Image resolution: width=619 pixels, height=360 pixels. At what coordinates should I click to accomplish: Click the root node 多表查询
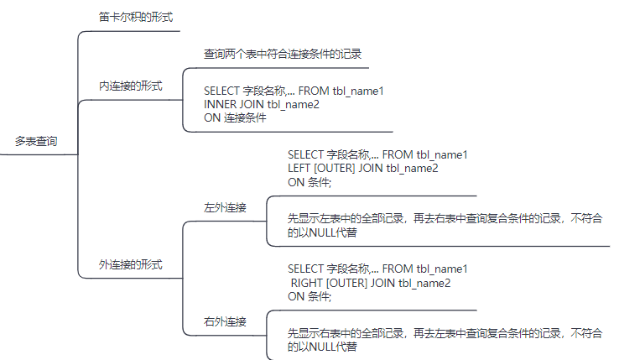(36, 142)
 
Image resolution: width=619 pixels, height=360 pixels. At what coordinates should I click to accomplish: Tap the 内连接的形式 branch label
(130, 86)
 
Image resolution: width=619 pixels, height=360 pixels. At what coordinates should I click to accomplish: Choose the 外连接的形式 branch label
(130, 264)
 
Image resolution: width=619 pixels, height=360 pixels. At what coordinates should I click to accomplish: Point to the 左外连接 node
(225, 206)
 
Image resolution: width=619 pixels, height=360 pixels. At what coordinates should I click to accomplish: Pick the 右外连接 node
(225, 321)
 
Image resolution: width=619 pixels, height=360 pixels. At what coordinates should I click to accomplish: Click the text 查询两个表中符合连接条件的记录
(282, 54)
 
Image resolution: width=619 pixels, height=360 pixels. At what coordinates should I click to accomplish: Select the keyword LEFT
(300, 168)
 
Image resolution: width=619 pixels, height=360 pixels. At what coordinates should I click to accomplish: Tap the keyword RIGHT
(306, 283)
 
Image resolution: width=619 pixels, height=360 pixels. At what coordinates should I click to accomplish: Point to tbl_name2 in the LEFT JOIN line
(412, 168)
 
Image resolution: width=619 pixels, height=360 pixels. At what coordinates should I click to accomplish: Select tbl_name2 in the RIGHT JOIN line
(424, 283)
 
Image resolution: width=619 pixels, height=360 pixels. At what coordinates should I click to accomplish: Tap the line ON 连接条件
(235, 117)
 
